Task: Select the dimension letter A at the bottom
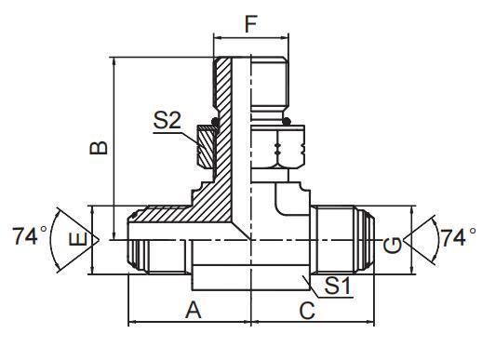click(194, 311)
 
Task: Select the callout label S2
click(167, 119)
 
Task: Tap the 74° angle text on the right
click(457, 238)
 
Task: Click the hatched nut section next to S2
click(206, 146)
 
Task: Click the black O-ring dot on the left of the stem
click(216, 120)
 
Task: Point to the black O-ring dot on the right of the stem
click(287, 121)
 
